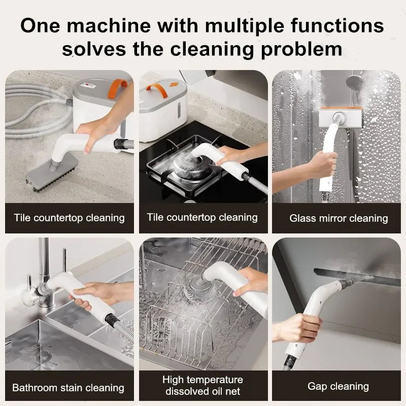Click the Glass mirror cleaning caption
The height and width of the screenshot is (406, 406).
pos(339,218)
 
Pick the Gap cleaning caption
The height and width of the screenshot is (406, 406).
pos(338,386)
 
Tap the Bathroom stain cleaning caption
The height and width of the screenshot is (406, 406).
pos(68,388)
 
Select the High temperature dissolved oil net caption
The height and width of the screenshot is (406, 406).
pos(202,385)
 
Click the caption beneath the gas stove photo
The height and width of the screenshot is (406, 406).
pos(202,218)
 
